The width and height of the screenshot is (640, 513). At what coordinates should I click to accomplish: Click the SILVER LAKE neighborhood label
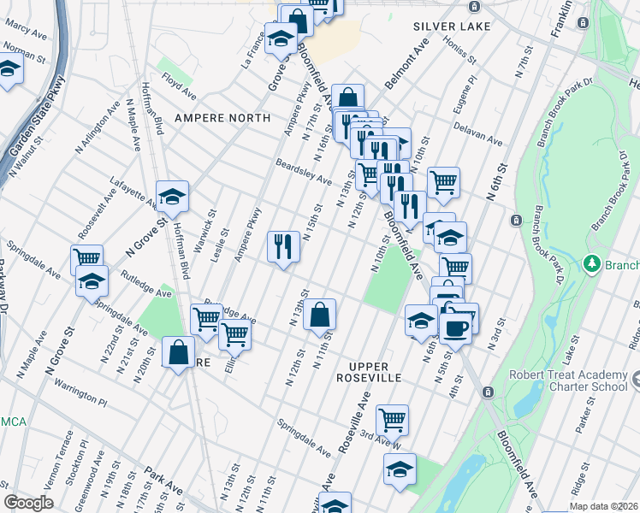click(x=452, y=27)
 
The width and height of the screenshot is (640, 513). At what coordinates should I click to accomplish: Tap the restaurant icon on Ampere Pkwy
click(x=283, y=247)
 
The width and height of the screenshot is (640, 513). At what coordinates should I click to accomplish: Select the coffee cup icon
click(x=455, y=326)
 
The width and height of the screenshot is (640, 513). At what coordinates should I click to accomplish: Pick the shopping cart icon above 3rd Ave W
click(x=392, y=420)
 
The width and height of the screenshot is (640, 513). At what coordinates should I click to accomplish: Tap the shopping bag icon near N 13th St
click(x=319, y=314)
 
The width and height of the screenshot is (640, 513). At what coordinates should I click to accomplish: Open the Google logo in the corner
click(x=28, y=503)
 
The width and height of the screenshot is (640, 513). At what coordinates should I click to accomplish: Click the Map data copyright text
click(x=602, y=506)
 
